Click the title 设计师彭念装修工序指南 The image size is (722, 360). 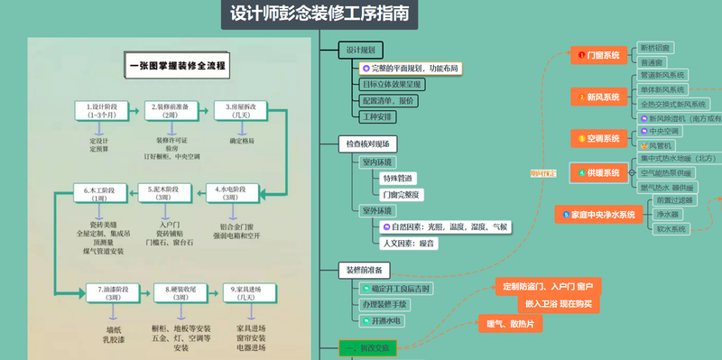click(x=319, y=14)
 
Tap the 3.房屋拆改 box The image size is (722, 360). click(x=239, y=111)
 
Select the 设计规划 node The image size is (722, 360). click(x=361, y=50)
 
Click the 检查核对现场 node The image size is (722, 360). click(x=368, y=143)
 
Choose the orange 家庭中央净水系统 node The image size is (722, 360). click(x=597, y=215)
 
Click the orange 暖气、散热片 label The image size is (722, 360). click(x=509, y=324)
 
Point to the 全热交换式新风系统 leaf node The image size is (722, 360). click(x=673, y=104)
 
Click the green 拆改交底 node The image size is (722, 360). click(x=367, y=348)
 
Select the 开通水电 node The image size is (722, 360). click(x=388, y=320)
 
